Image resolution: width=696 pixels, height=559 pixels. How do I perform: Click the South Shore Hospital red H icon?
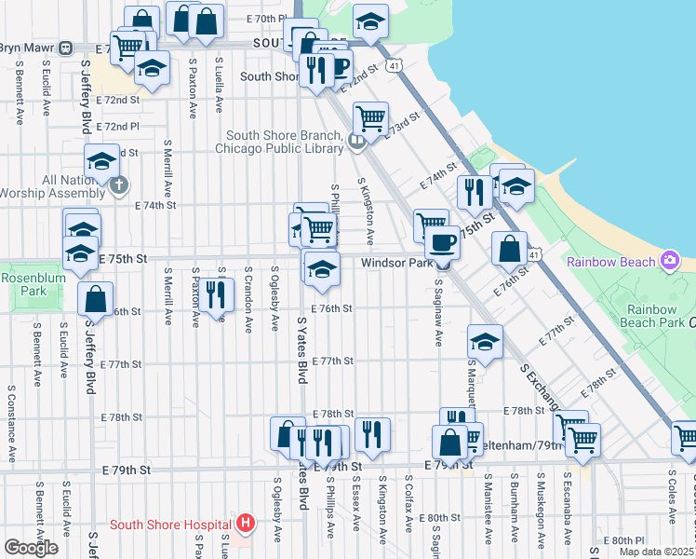(246, 524)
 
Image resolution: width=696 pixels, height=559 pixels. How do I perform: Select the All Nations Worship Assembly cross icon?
(117, 184)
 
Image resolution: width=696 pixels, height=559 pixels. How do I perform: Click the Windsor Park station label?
(397, 264)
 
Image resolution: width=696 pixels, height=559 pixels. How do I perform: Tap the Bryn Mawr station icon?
(66, 48)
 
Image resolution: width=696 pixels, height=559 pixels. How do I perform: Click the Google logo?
(31, 548)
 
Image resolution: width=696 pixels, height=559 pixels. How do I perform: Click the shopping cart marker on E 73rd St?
(370, 118)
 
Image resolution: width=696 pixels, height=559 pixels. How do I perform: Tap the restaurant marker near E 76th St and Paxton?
(216, 294)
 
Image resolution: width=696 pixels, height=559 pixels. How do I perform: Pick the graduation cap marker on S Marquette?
(485, 341)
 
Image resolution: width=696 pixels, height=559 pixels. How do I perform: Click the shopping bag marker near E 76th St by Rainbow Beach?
(509, 248)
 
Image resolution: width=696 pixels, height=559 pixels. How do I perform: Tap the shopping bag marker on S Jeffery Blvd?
(95, 299)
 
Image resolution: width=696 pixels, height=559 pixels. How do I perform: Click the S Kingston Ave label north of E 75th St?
(367, 205)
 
